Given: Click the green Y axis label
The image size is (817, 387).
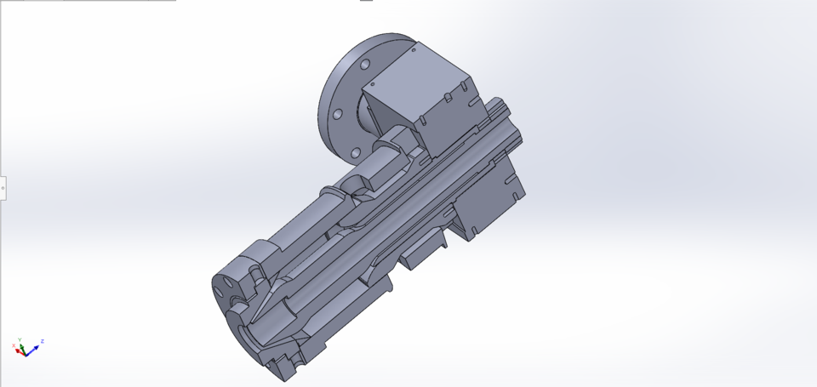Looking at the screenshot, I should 20,339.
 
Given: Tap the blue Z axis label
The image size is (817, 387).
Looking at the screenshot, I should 42,341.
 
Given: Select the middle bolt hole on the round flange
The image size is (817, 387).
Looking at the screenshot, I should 337,113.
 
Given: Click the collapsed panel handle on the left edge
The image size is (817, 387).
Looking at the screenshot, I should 3,187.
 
